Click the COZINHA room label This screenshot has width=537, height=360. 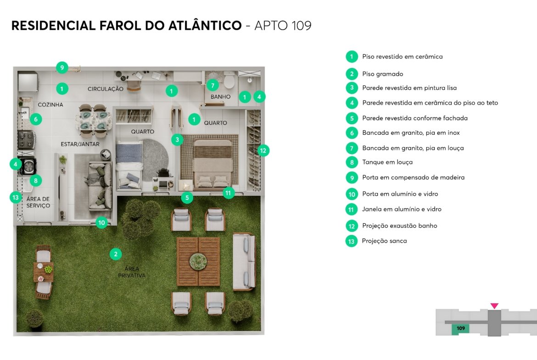point(50,105)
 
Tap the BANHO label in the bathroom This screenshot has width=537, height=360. point(221,97)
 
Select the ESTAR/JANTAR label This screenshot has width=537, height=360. point(80,144)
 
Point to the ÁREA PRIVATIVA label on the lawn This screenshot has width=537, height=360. point(132,272)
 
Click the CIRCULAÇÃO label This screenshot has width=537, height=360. point(106,89)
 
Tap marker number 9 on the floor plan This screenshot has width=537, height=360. point(62,67)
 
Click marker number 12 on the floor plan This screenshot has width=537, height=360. point(263,150)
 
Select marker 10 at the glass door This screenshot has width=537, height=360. point(102,223)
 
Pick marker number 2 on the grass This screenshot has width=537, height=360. point(116,254)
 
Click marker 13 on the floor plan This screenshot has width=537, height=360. point(16,198)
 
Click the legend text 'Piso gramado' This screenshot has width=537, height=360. point(382,74)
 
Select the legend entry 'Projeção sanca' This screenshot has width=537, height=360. point(384,241)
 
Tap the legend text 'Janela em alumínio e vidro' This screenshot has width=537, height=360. point(402,209)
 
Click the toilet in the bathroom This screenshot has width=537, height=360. point(229,80)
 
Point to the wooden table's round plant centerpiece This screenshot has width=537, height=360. point(198,261)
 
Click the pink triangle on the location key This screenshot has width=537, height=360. point(494,305)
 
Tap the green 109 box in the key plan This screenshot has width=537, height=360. point(461,328)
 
